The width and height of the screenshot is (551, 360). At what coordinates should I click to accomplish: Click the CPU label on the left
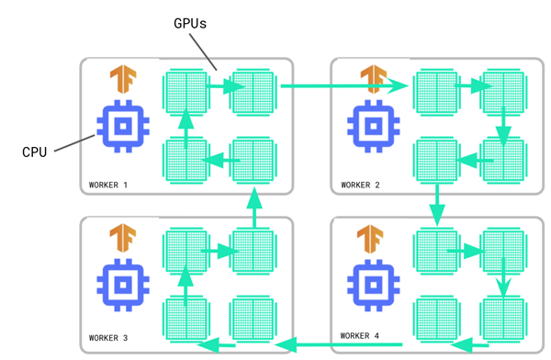[34, 152]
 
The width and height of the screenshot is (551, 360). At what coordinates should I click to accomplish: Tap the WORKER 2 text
[361, 185]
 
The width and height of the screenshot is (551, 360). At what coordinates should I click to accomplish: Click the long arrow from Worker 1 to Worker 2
[344, 87]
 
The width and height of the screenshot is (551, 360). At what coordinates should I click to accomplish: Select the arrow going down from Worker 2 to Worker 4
[437, 204]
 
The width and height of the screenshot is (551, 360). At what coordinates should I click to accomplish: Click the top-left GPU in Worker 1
[186, 90]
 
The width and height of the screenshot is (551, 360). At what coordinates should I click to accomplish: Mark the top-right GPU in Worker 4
[502, 251]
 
